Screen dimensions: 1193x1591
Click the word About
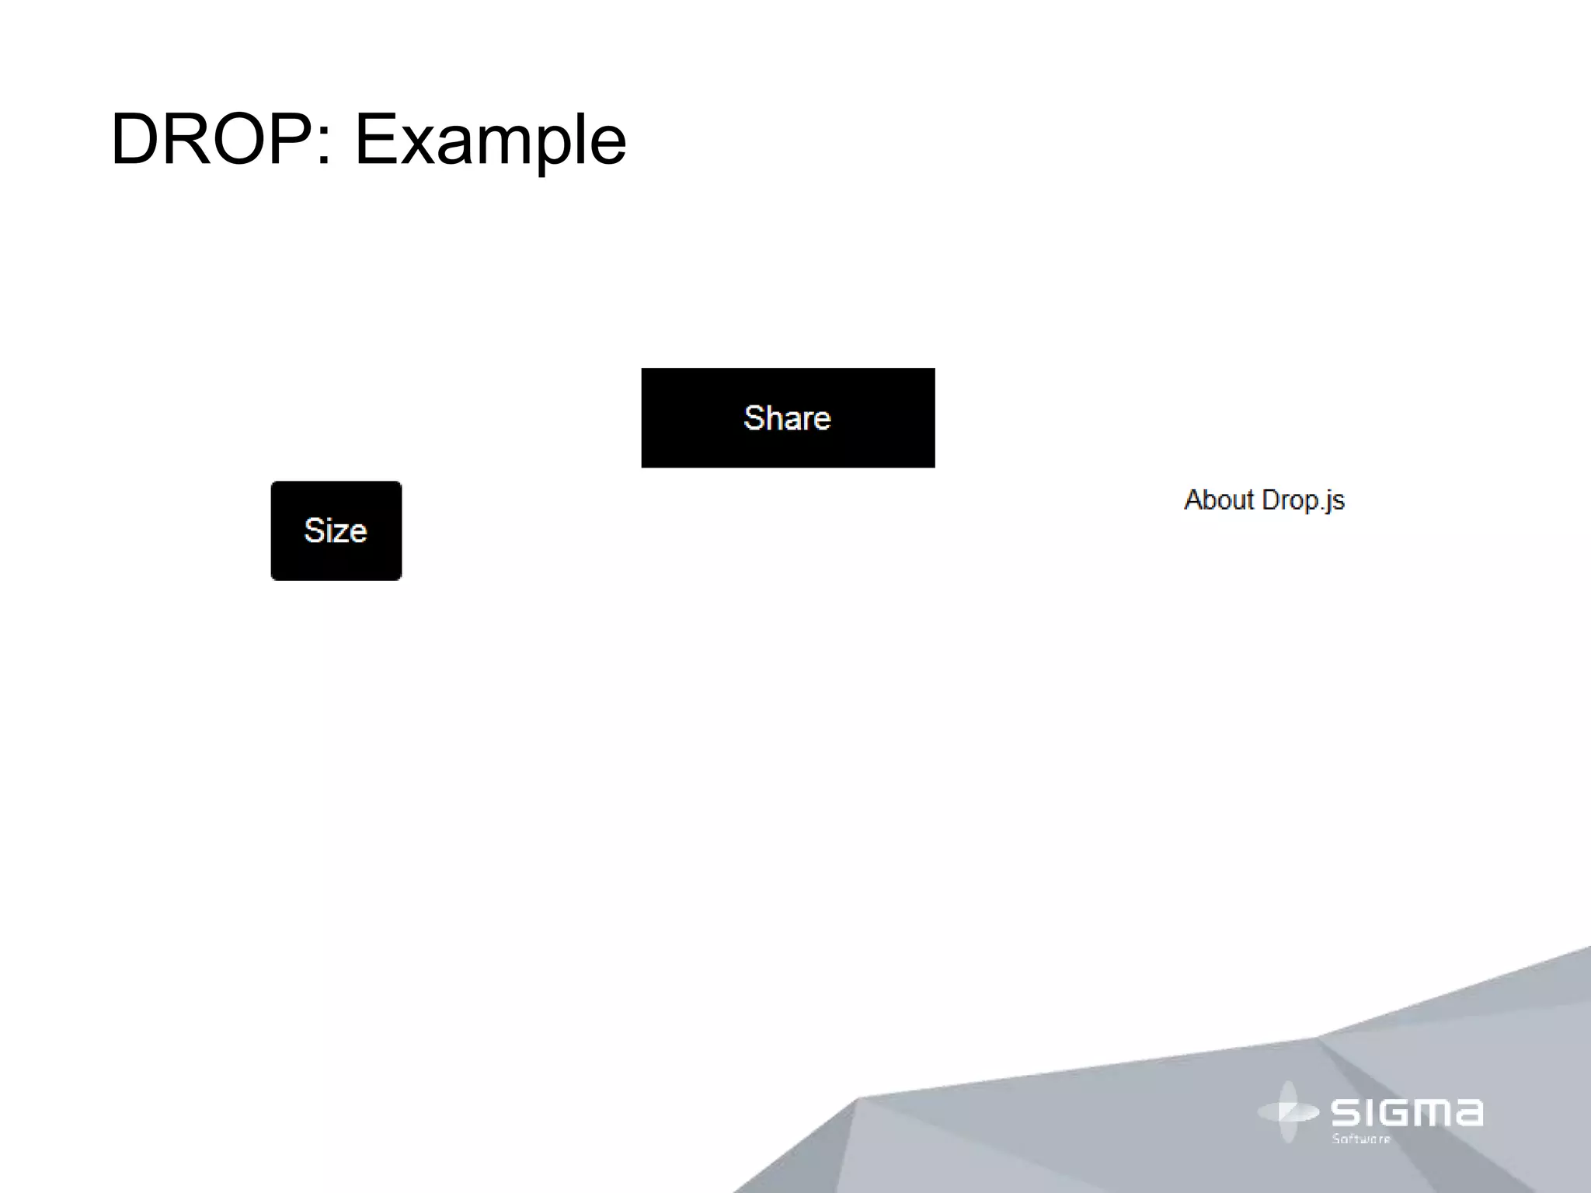click(x=1218, y=499)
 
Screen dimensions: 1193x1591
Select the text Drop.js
click(x=1303, y=500)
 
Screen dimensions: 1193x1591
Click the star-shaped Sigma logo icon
click(x=1287, y=1112)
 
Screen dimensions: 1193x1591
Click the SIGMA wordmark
click(x=1406, y=1112)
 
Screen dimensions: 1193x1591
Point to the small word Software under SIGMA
click(x=1361, y=1139)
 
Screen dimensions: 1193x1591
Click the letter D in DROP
click(x=136, y=140)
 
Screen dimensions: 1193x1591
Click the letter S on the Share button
click(x=754, y=418)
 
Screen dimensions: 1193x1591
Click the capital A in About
click(x=1194, y=499)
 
